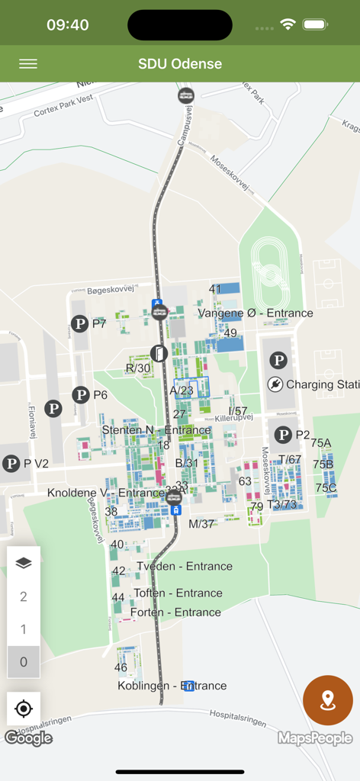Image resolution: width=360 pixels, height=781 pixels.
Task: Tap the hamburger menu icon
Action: coord(28,64)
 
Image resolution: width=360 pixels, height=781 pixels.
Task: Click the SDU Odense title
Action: coord(180,64)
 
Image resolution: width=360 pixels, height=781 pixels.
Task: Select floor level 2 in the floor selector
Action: coord(24,596)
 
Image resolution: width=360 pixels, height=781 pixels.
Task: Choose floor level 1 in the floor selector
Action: coord(24,629)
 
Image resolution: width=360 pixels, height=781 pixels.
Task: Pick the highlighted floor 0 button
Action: coord(24,662)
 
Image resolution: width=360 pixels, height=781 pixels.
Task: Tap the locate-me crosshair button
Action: coord(24,709)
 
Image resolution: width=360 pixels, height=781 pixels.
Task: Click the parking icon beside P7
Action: coord(80,324)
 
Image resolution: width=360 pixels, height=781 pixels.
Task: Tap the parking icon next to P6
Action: coord(81,395)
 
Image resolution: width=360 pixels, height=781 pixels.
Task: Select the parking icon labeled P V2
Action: coord(11,464)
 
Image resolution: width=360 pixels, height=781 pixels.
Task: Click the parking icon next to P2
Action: coord(284,435)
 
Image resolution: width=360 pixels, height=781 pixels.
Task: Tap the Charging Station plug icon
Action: coord(275,385)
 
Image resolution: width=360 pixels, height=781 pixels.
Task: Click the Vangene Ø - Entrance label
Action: coord(256,313)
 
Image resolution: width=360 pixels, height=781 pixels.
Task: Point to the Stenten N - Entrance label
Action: coord(156,430)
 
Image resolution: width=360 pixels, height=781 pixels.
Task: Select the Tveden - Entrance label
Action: coord(185,566)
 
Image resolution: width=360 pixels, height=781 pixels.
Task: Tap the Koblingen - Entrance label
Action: coord(172,686)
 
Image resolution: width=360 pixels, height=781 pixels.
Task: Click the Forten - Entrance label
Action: coord(175,612)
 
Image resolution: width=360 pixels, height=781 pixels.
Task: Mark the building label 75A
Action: coord(321,443)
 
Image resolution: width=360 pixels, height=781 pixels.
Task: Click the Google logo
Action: coord(28,738)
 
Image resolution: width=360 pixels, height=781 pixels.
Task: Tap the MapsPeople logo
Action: coord(315,738)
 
